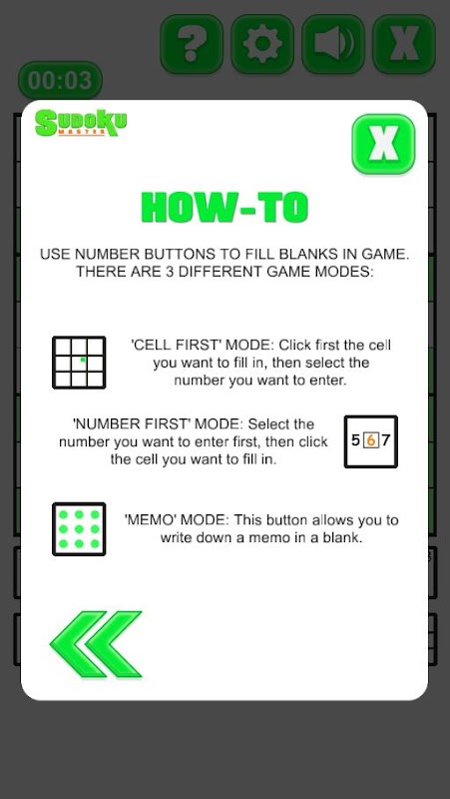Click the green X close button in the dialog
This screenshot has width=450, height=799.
click(x=383, y=143)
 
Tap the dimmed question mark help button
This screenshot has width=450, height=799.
click(x=192, y=44)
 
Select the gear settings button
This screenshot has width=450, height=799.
click(x=262, y=44)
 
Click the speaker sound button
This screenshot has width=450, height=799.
click(x=333, y=44)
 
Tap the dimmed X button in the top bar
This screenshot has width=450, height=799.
click(x=404, y=44)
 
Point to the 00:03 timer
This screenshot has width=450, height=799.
click(x=60, y=81)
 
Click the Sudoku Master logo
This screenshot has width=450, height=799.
click(x=81, y=123)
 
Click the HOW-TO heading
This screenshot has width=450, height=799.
click(x=225, y=208)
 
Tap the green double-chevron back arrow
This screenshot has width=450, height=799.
click(x=96, y=644)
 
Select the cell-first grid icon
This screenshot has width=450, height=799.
click(x=79, y=363)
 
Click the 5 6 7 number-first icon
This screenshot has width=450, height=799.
click(x=371, y=441)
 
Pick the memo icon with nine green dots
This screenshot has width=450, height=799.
click(x=79, y=529)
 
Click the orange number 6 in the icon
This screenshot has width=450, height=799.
click(x=371, y=440)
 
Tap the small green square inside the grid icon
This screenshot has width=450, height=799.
click(x=83, y=361)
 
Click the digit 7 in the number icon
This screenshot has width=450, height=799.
click(x=386, y=440)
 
